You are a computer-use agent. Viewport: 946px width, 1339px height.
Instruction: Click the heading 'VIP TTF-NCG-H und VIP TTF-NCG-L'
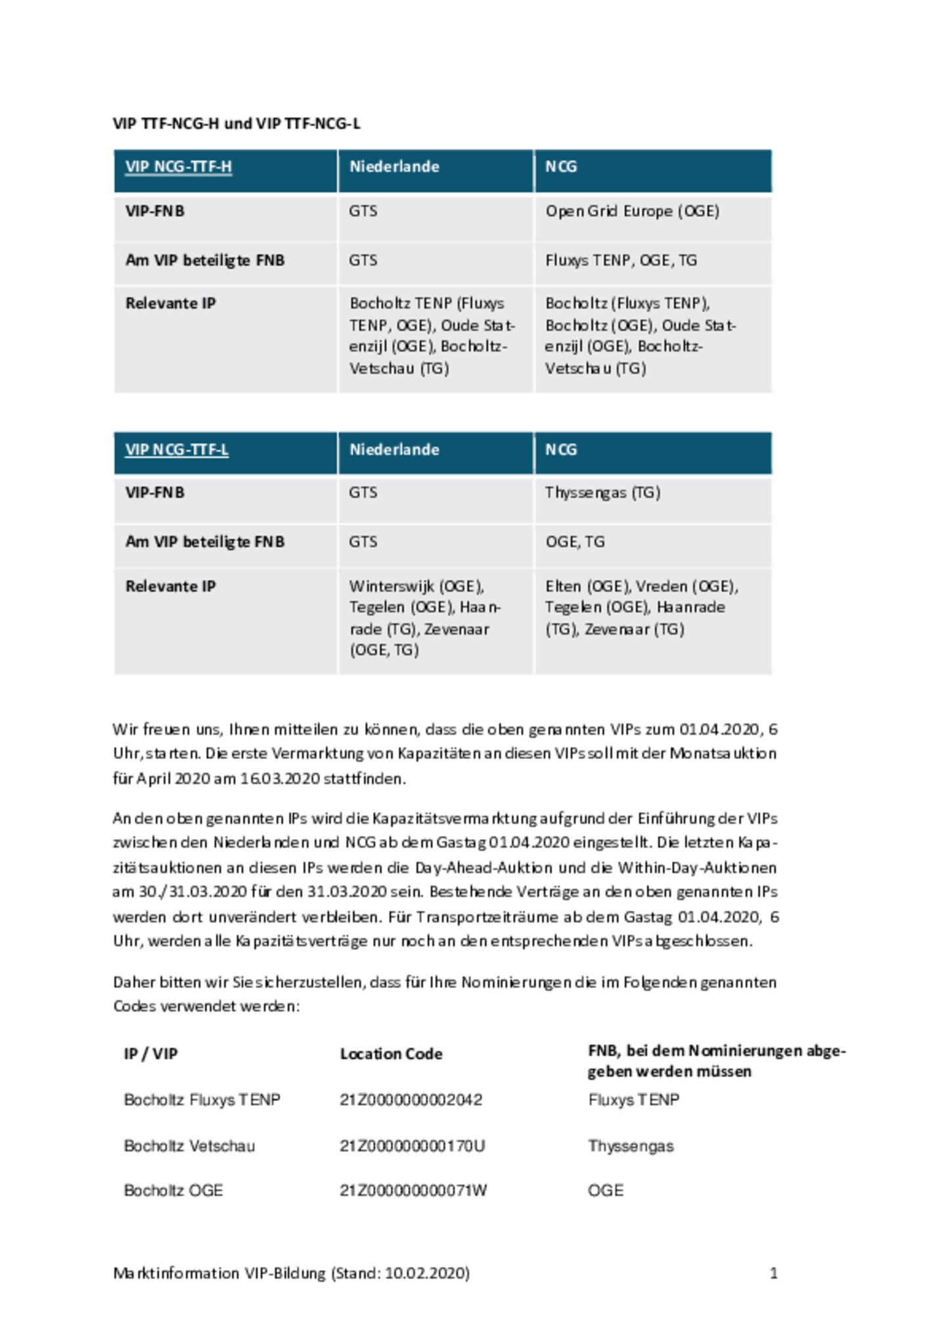(236, 124)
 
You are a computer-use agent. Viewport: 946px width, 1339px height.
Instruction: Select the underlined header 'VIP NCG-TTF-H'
(178, 167)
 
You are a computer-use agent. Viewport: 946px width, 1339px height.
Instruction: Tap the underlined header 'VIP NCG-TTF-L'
(177, 450)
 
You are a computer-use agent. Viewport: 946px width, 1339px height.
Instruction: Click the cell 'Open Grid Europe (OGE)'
(632, 212)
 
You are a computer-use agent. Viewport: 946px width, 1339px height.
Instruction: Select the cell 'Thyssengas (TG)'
(602, 493)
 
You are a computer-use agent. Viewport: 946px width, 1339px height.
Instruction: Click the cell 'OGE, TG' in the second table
(575, 542)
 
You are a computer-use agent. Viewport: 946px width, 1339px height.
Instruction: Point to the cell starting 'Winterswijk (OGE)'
(424, 618)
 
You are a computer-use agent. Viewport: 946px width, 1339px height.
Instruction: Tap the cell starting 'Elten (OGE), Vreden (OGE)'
(641, 607)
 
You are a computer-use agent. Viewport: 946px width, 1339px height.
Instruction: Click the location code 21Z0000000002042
(411, 1100)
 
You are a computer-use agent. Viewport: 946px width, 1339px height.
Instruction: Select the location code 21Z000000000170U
(412, 1146)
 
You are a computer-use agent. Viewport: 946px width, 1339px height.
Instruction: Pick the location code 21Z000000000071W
(413, 1191)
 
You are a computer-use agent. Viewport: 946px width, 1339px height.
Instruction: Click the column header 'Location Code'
(391, 1054)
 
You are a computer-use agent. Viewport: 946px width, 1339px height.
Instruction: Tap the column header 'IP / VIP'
(150, 1054)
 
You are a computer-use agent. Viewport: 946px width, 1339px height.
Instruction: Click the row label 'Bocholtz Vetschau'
(189, 1146)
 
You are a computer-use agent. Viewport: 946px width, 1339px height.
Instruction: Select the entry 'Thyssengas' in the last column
(631, 1146)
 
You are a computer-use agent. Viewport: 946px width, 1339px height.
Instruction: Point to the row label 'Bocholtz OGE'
(173, 1191)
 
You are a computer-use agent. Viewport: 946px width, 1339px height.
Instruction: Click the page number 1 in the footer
(773, 1273)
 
